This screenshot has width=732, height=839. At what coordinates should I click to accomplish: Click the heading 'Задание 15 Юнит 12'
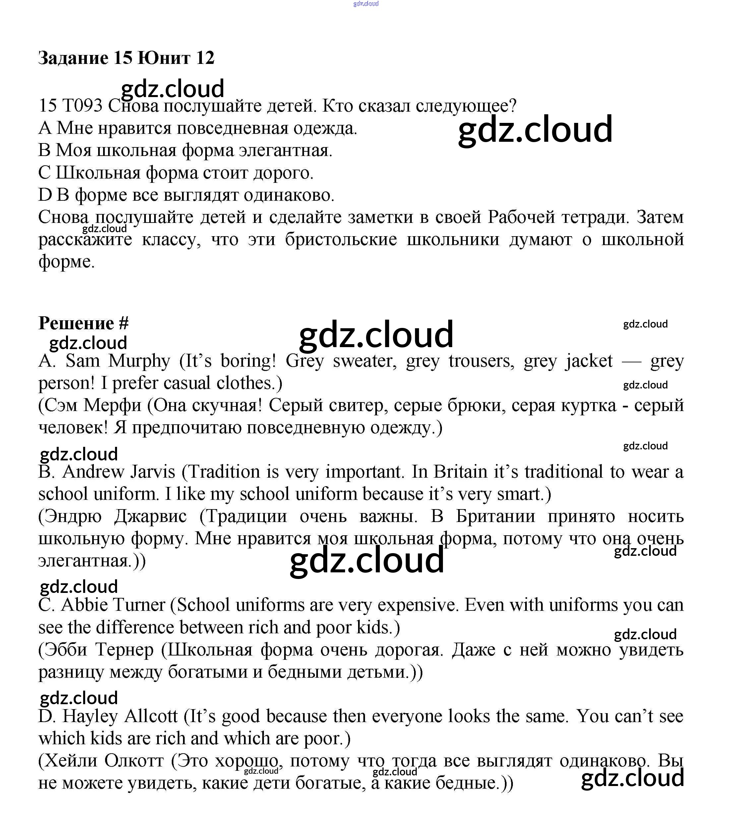pyautogui.click(x=126, y=58)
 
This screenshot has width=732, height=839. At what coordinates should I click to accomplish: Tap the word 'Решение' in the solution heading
pyautogui.click(x=76, y=323)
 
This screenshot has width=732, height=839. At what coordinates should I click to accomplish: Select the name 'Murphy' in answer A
pyautogui.click(x=139, y=361)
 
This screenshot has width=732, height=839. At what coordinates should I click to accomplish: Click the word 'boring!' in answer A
pyautogui.click(x=248, y=361)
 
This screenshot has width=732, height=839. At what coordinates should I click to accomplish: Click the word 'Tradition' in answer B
pyautogui.click(x=224, y=472)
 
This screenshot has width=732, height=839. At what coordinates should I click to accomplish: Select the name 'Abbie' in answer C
pyautogui.click(x=79, y=605)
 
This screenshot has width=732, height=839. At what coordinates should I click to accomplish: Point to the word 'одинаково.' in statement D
pyautogui.click(x=289, y=195)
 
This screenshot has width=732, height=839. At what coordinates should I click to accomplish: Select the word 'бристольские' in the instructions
pyautogui.click(x=341, y=239)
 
